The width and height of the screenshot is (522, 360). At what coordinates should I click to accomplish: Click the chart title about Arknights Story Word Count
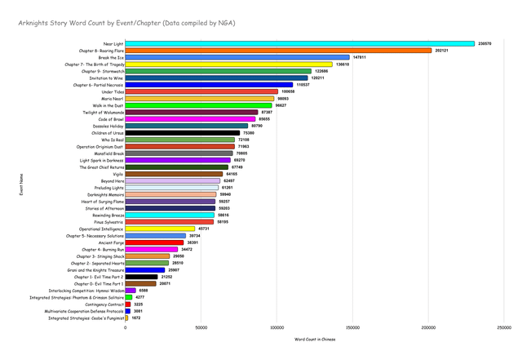pyautogui.click(x=126, y=24)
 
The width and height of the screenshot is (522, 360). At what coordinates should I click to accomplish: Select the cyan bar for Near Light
pyautogui.click(x=300, y=43)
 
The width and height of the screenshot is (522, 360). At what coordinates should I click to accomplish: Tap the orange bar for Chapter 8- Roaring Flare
pyautogui.click(x=278, y=51)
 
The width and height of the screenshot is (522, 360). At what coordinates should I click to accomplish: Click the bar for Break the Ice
pyautogui.click(x=237, y=57)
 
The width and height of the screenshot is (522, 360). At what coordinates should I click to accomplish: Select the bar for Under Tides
pyautogui.click(x=201, y=91)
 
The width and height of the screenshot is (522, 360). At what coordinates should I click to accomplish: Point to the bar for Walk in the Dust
pyautogui.click(x=199, y=105)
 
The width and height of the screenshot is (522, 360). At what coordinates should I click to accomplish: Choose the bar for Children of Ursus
pyautogui.click(x=183, y=132)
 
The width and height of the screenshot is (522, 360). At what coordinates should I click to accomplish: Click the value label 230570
pyautogui.click(x=484, y=43)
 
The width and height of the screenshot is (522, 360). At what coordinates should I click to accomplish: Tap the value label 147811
pyautogui.click(x=360, y=57)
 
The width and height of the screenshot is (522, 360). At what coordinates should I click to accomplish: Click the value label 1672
pyautogui.click(x=136, y=318)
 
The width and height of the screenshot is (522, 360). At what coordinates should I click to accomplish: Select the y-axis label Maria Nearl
pyautogui.click(x=113, y=98)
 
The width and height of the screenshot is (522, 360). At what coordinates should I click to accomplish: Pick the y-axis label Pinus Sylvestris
pyautogui.click(x=107, y=221)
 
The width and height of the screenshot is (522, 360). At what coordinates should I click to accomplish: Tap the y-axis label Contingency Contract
pyautogui.click(x=103, y=304)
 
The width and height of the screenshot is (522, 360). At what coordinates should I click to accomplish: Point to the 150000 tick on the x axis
pyautogui.click(x=353, y=328)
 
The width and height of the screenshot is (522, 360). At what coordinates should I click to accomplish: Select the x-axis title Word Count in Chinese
pyautogui.click(x=315, y=339)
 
